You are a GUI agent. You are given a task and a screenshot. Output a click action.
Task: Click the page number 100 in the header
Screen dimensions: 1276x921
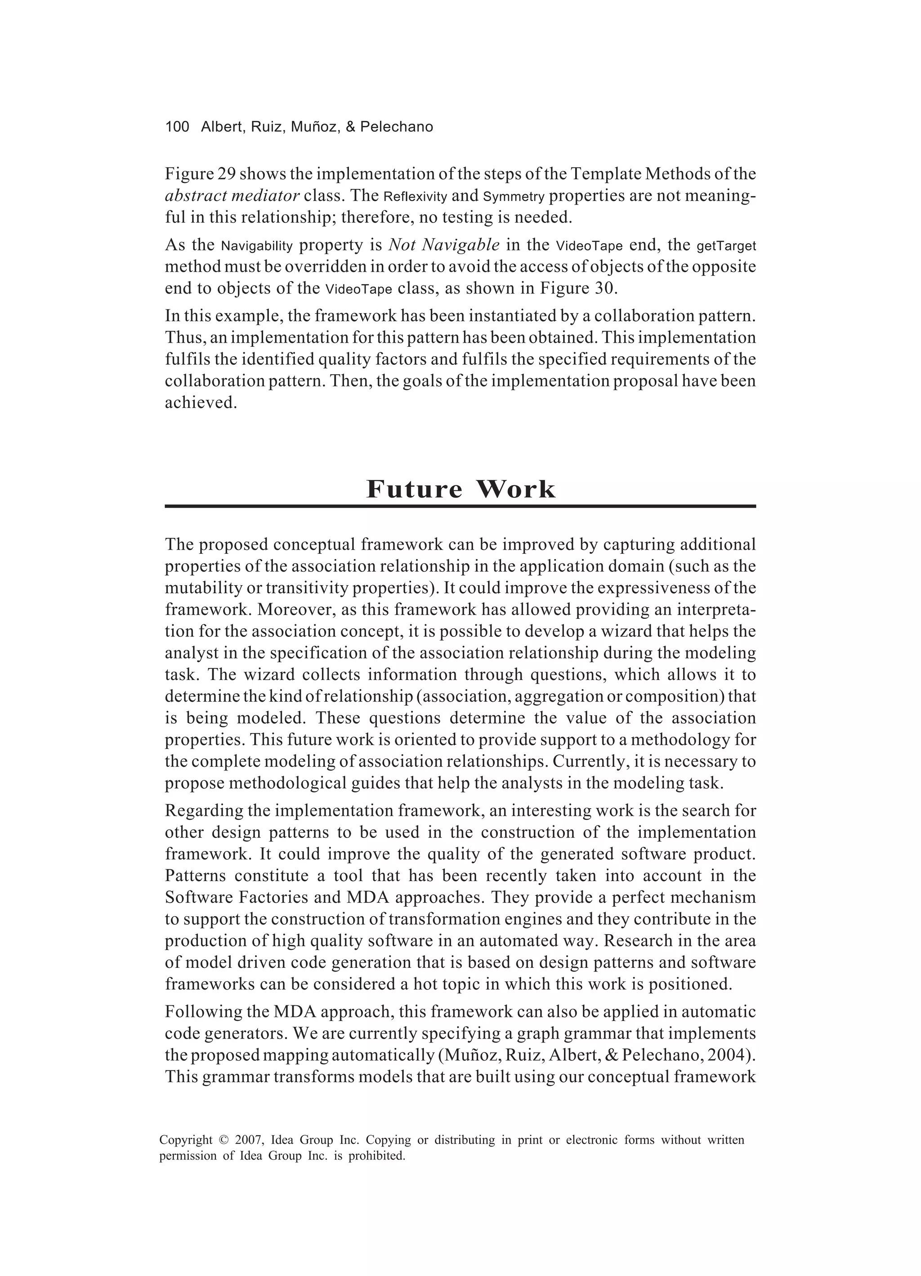177,127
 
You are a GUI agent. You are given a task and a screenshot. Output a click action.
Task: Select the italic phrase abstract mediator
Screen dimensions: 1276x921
232,196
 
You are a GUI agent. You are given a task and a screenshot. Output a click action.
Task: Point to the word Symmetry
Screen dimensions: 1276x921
514,197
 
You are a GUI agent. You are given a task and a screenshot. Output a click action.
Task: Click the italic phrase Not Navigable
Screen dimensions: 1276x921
444,245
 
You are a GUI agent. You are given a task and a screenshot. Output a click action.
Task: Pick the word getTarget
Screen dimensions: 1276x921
726,246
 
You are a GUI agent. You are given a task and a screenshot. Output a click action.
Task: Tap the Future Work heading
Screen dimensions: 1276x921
460,488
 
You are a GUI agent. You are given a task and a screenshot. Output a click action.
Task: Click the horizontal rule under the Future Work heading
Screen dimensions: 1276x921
460,506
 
